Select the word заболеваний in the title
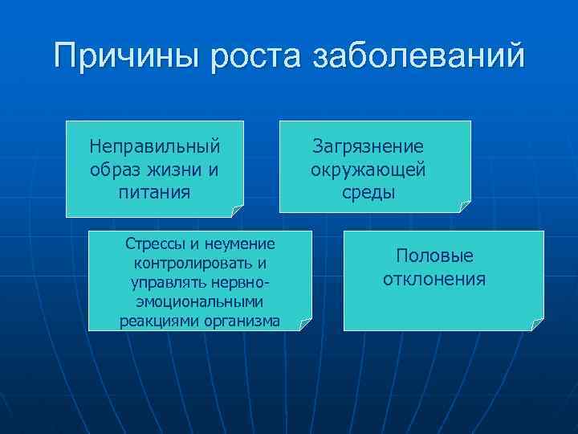(418, 58)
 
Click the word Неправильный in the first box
(155, 148)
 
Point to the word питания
(155, 192)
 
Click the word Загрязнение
(368, 147)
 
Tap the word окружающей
(368, 170)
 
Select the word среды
(368, 192)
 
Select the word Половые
(434, 256)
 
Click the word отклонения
(434, 279)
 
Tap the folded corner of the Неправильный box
(237, 211)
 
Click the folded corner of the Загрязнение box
(465, 207)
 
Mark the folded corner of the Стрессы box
(305, 324)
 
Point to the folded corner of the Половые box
(537, 324)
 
